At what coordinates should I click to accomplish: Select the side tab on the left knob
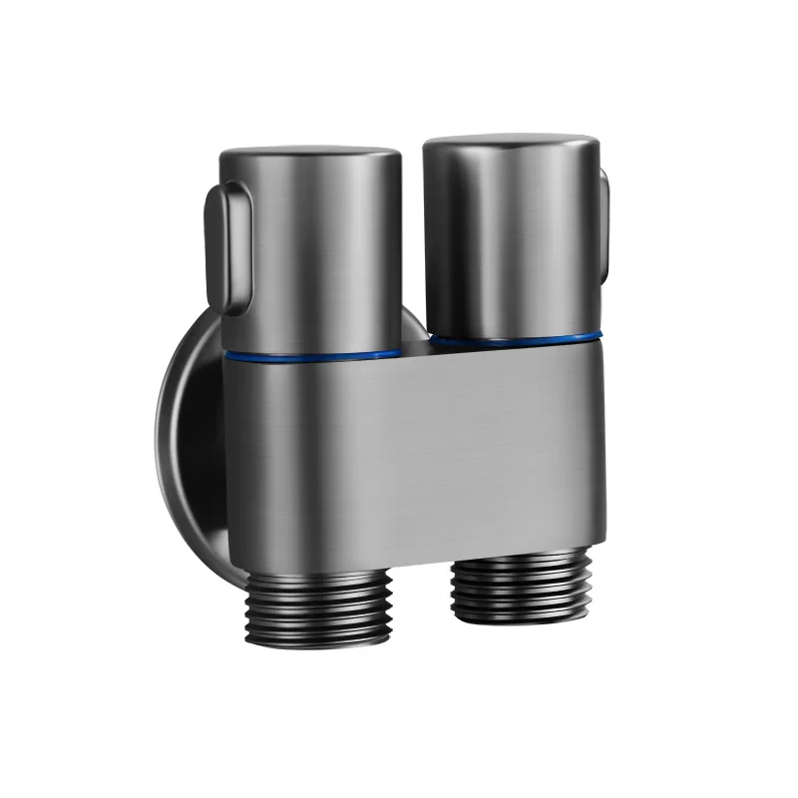point(221,244)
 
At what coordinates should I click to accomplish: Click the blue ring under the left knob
point(319,353)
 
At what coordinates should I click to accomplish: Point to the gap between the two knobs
point(412,249)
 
